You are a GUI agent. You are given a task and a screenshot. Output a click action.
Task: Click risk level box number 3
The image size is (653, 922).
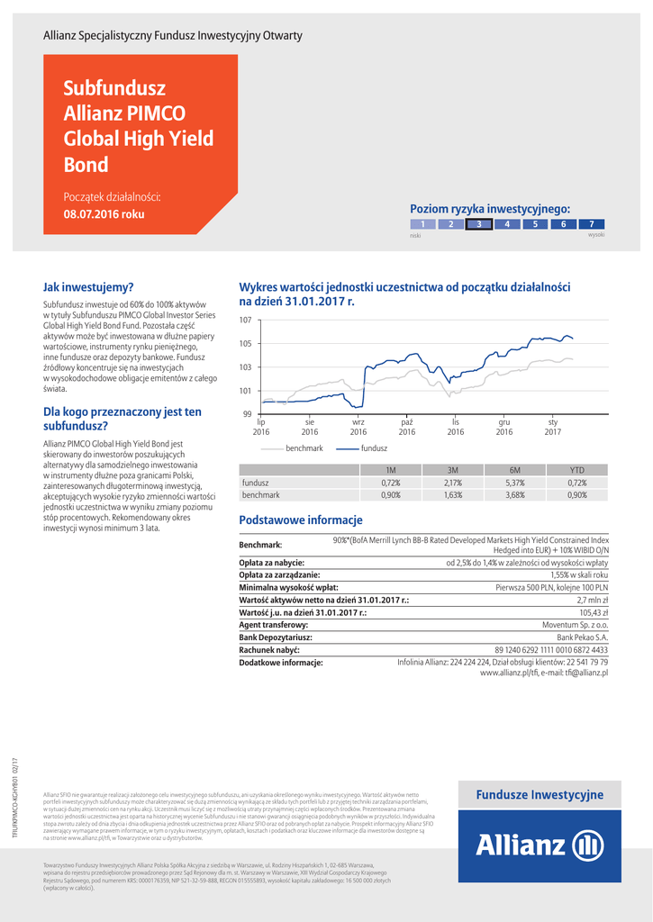479,224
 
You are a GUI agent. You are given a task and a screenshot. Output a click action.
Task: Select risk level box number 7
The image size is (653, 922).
591,224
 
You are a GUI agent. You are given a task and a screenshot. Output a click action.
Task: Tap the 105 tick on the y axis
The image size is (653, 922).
245,344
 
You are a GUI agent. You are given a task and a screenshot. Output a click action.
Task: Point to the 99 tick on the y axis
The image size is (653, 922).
246,414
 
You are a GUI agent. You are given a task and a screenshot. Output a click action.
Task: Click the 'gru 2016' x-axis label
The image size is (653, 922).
504,427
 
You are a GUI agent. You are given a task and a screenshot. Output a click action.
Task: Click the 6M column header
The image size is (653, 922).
515,470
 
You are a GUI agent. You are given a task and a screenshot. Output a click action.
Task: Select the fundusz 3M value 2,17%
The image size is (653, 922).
453,483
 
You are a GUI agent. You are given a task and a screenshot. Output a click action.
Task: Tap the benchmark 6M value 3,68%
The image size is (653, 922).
515,495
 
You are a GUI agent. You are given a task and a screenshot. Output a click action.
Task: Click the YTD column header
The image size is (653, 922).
577,470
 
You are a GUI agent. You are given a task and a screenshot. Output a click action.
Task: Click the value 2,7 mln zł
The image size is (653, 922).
592,599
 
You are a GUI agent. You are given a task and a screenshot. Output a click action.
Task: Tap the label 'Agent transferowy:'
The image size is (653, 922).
274,624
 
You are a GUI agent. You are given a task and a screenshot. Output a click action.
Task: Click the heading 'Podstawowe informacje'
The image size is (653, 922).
300,520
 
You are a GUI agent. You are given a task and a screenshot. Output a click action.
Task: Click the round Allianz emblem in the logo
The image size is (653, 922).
588,846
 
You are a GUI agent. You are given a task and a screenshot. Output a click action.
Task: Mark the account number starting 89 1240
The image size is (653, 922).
551,649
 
